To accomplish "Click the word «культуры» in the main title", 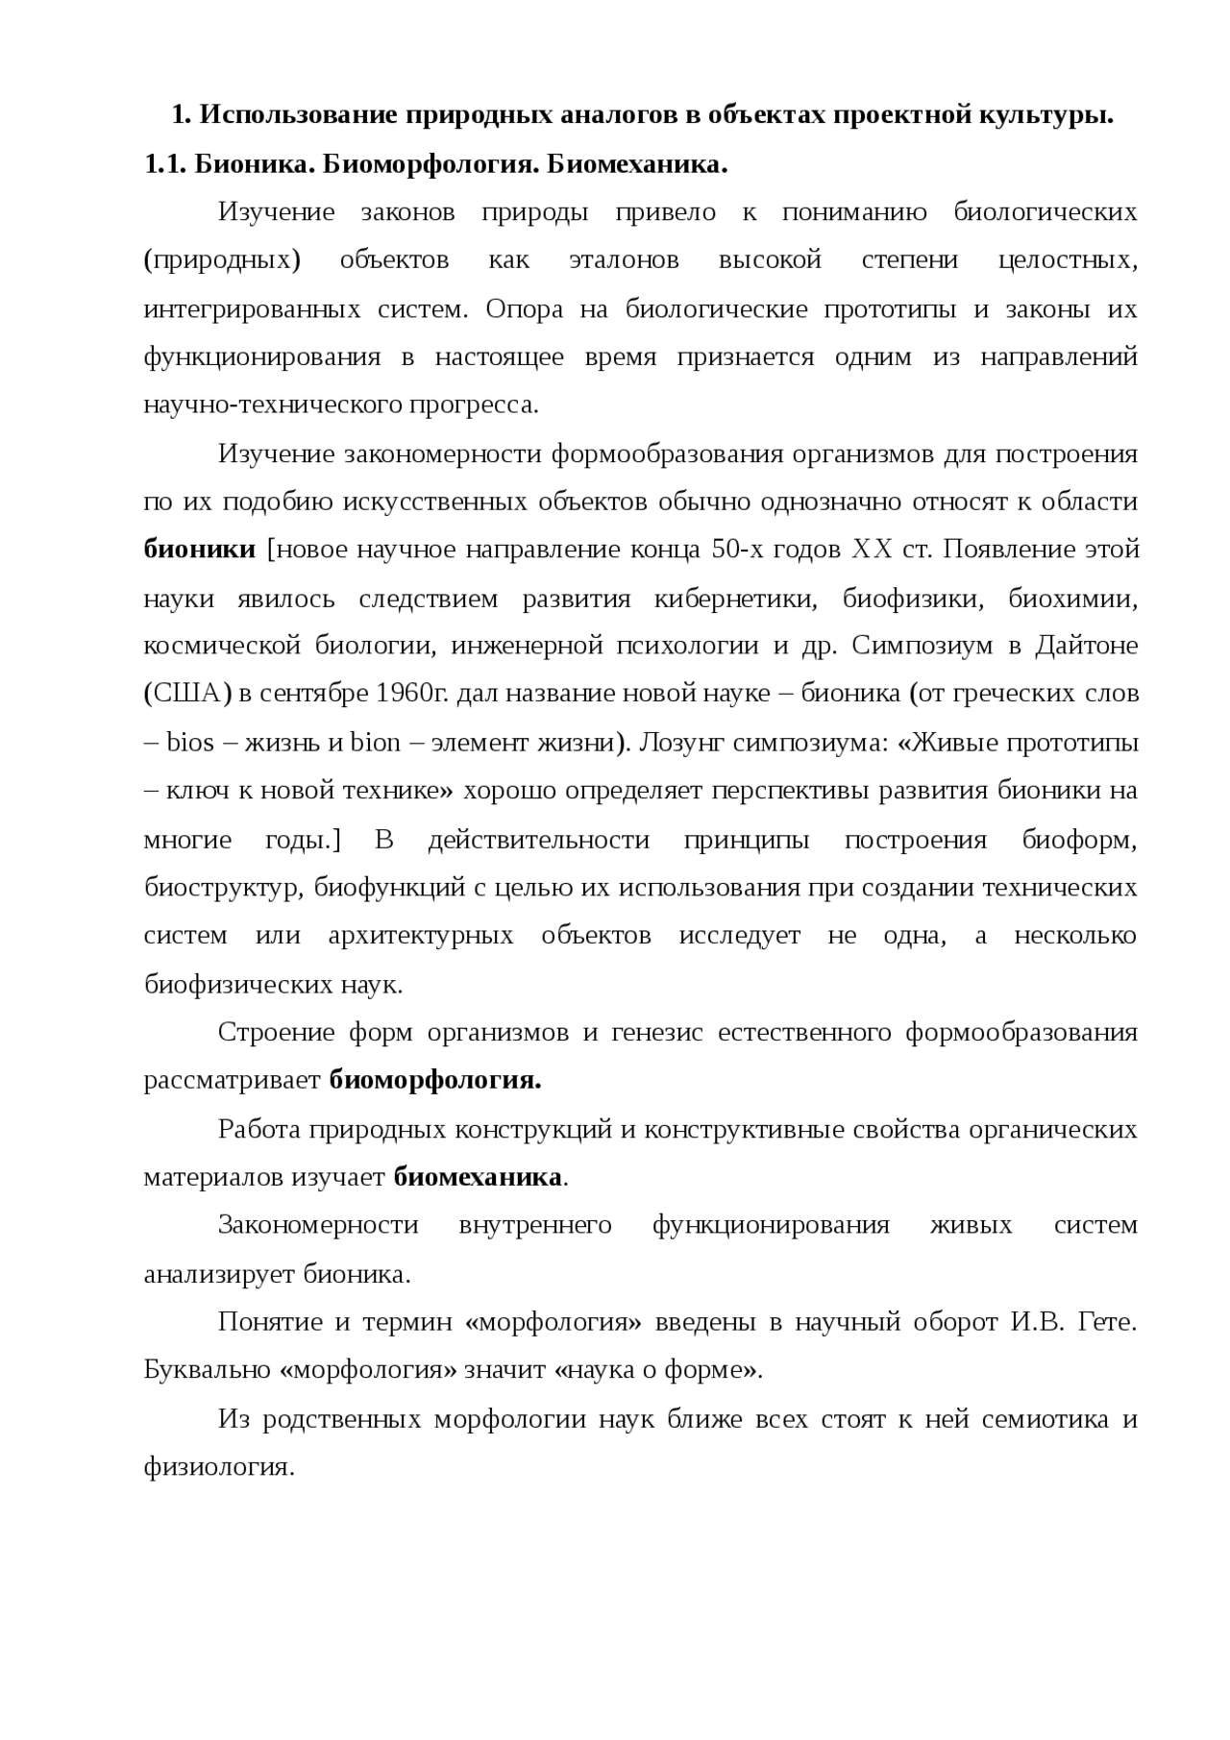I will (x=1046, y=116).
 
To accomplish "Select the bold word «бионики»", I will (x=200, y=550).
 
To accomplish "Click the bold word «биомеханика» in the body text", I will (x=478, y=1177).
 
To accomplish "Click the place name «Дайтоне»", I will (x=1086, y=646).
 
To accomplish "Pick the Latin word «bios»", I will (x=190, y=743).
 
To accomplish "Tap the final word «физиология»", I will (x=218, y=1467).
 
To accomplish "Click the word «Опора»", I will (x=522, y=309).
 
